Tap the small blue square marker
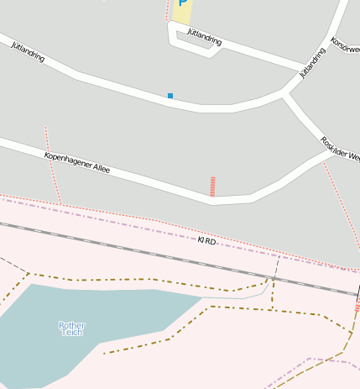coord(170,96)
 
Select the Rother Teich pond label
coord(72,329)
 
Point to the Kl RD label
coord(206,241)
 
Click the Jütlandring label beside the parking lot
coord(205,39)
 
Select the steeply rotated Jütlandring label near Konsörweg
coord(313,62)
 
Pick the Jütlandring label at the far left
coord(28,51)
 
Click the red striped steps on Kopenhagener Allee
coord(212,187)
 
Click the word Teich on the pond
coord(72,333)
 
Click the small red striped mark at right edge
coord(357,308)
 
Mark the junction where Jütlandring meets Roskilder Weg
coord(285,93)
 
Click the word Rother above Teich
coord(72,324)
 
